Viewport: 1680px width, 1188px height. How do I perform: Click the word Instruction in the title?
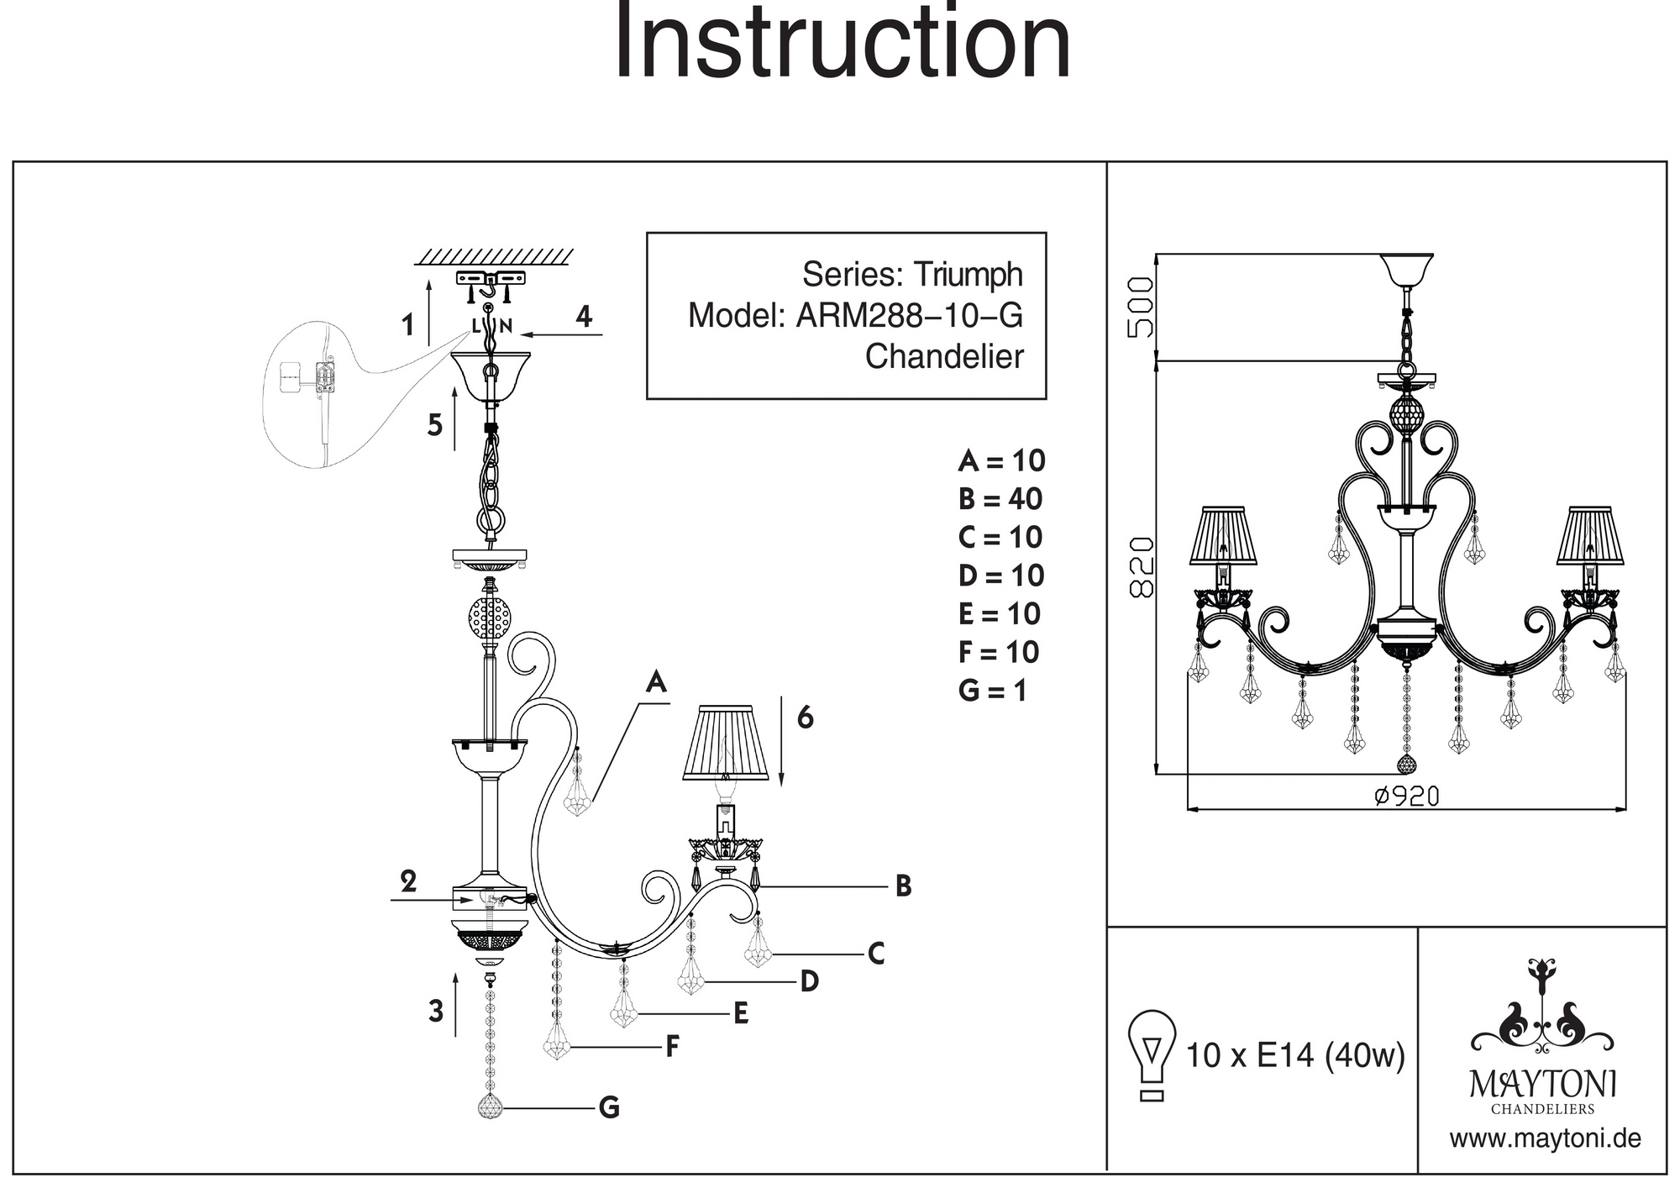(x=843, y=42)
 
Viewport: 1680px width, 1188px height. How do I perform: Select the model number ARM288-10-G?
(x=909, y=316)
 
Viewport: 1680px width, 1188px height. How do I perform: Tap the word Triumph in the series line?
(x=968, y=275)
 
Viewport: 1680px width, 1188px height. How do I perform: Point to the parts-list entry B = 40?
(x=1000, y=499)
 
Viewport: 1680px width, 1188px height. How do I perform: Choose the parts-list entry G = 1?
(x=992, y=691)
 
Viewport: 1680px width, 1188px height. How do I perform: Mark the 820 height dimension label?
(x=1142, y=567)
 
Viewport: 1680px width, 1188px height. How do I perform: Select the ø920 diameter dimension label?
(x=1406, y=796)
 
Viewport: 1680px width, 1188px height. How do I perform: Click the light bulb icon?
(x=1152, y=1054)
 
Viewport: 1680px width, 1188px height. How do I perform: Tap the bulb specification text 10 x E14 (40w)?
(x=1294, y=1055)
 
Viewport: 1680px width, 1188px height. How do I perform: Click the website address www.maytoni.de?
(x=1545, y=1139)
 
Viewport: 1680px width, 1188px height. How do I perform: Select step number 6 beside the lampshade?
(x=805, y=718)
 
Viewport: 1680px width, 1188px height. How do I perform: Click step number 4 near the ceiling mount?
(x=584, y=317)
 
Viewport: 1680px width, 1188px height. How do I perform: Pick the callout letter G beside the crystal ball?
(x=609, y=1107)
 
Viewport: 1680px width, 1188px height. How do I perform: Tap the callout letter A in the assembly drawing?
(x=656, y=683)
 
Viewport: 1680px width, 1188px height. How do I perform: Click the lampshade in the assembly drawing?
(x=727, y=742)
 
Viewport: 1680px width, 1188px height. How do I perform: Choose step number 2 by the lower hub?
(x=408, y=881)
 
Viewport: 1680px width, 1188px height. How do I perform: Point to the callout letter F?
(x=672, y=1047)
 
